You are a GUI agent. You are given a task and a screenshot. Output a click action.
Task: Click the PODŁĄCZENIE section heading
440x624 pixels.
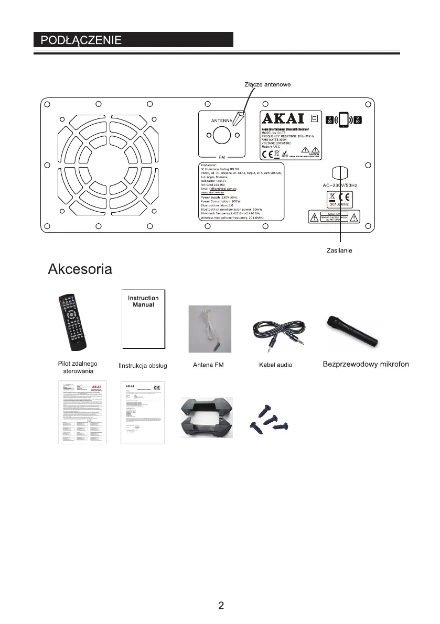pos(79,40)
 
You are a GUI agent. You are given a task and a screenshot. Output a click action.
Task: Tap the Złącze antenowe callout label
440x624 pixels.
pos(267,84)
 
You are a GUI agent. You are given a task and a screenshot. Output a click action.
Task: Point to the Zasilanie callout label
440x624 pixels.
pos(339,251)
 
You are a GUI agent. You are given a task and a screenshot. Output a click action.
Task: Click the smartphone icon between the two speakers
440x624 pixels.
pos(344,121)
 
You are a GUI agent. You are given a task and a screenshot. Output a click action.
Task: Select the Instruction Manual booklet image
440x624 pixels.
pos(143,318)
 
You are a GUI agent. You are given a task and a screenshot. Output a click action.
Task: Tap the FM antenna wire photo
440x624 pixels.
pos(210,329)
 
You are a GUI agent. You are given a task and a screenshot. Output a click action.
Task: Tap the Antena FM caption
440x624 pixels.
pos(209,365)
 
